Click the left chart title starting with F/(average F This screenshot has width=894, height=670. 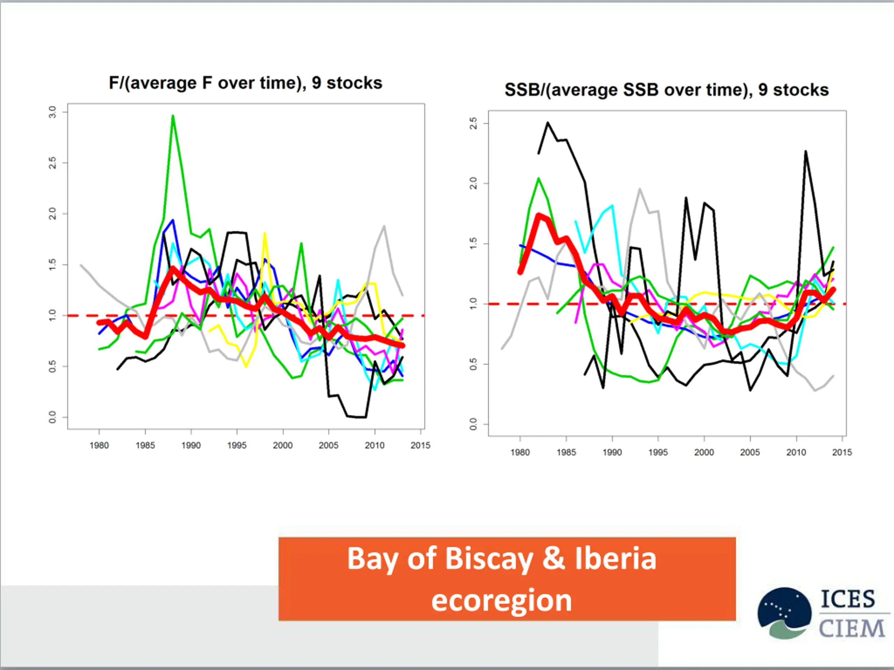(x=245, y=83)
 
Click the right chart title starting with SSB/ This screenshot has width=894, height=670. (x=666, y=90)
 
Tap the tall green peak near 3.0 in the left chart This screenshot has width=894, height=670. (x=173, y=116)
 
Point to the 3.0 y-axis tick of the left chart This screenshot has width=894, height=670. (x=52, y=112)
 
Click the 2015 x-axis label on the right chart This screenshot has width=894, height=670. (x=842, y=452)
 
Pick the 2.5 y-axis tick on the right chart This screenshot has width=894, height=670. (x=473, y=123)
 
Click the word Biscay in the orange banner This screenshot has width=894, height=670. (x=489, y=559)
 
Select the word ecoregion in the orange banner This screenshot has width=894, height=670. (x=501, y=600)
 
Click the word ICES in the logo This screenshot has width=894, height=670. (x=848, y=599)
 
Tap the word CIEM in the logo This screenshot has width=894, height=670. (x=851, y=628)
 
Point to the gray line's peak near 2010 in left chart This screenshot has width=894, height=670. (x=384, y=226)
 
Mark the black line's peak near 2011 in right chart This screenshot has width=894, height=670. (x=806, y=152)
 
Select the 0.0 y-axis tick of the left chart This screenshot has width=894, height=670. (x=52, y=417)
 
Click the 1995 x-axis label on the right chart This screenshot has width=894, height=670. (x=658, y=452)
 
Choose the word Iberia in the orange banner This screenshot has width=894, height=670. (x=616, y=559)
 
